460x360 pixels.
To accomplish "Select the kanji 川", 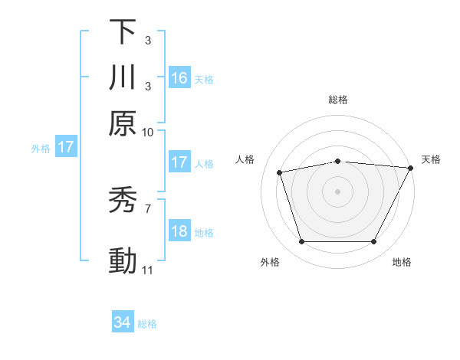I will [x=123, y=77].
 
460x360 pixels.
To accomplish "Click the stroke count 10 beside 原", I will [x=148, y=132].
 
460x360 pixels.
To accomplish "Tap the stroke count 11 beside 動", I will [x=148, y=270].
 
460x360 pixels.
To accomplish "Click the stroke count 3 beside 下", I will [x=147, y=40].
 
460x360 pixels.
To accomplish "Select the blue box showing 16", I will [x=179, y=78].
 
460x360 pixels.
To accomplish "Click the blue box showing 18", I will [x=179, y=232].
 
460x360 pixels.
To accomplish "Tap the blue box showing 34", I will [x=123, y=323].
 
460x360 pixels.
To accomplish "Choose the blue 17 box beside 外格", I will [x=66, y=147].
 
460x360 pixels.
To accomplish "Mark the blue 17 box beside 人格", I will [x=179, y=162].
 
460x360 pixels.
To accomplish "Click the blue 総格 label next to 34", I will [x=147, y=324].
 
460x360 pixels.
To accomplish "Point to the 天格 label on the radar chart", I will [x=431, y=159].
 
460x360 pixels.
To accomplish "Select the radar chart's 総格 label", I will [x=338, y=100].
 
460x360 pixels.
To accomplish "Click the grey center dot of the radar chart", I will [x=338, y=191].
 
